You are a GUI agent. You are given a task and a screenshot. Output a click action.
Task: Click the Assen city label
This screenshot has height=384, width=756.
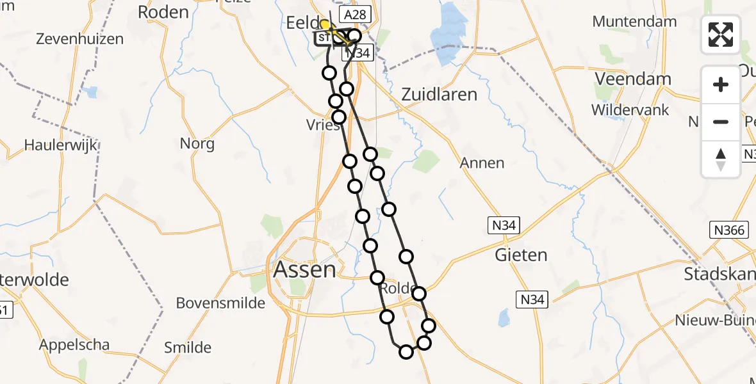pyautogui.click(x=304, y=269)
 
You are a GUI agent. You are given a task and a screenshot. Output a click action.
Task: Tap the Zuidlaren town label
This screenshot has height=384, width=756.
pyautogui.click(x=439, y=95)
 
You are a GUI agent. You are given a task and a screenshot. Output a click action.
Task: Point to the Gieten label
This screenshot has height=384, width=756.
pyautogui.click(x=521, y=255)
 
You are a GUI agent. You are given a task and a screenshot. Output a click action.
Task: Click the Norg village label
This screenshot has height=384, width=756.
pyautogui.click(x=197, y=143)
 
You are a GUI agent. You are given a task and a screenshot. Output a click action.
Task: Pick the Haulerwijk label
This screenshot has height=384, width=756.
pyautogui.click(x=61, y=145)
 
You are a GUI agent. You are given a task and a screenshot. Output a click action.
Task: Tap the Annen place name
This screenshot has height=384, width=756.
pyautogui.click(x=482, y=163)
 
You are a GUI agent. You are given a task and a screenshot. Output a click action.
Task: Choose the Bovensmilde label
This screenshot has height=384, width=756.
pyautogui.click(x=220, y=303)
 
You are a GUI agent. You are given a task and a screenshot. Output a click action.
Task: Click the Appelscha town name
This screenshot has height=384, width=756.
pyautogui.click(x=74, y=345)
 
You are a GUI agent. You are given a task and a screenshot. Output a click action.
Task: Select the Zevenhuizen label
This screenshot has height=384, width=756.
pyautogui.click(x=79, y=39)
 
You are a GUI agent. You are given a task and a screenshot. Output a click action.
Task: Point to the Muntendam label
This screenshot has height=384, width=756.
pyautogui.click(x=634, y=22)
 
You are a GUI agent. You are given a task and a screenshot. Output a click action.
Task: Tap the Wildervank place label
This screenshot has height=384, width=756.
pyautogui.click(x=630, y=110)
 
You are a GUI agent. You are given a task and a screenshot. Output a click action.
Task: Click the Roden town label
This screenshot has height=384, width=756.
pyautogui.click(x=163, y=12)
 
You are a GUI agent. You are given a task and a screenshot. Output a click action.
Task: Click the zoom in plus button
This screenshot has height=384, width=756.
pyautogui.click(x=721, y=84)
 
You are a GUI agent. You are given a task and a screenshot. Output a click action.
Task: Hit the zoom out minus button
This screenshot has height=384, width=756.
pyautogui.click(x=721, y=122)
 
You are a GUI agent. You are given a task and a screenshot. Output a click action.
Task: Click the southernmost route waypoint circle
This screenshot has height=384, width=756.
pyautogui.click(x=406, y=351)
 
